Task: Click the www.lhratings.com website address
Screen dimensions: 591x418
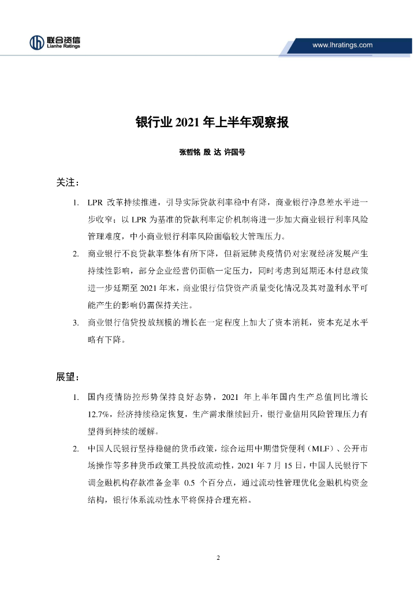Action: (342, 45)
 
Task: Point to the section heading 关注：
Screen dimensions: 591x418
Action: (68, 183)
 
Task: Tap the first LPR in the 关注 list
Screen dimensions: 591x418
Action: (95, 203)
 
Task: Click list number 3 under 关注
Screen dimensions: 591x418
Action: (76, 323)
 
